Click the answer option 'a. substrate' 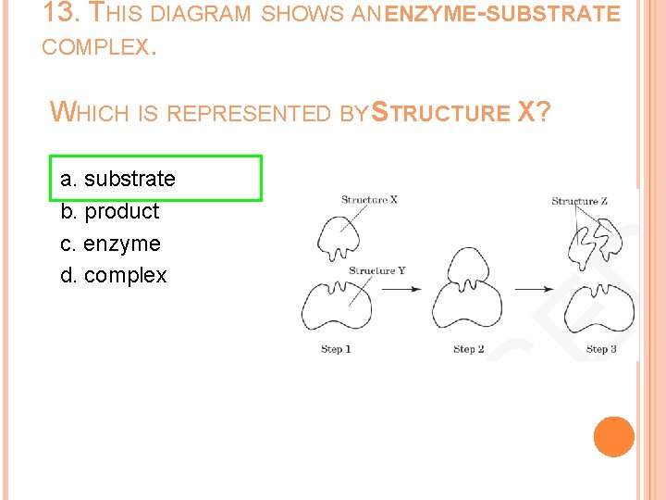pos(117,178)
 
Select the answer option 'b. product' pos(109,211)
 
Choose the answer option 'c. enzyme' pos(110,244)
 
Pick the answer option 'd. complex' pos(114,275)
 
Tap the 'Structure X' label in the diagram pos(369,199)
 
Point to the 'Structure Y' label pos(376,270)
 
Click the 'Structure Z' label pos(580,201)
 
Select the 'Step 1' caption pos(336,349)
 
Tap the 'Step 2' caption pos(469,349)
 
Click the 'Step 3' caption pos(601,349)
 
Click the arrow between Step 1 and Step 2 pos(402,289)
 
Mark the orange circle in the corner pos(614,437)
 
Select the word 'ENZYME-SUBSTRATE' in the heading pos(500,14)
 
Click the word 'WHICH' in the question pos(92,113)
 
